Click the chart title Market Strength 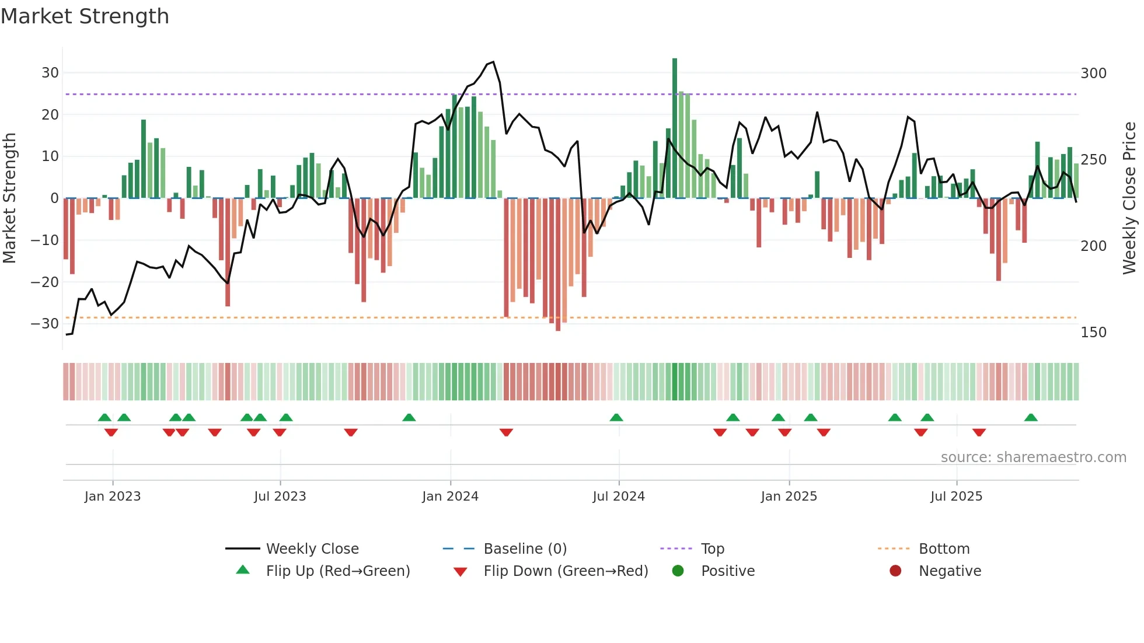click(85, 16)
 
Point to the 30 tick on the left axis click(50, 73)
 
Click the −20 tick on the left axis click(45, 282)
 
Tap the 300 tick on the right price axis click(1093, 74)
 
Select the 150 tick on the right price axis click(1093, 333)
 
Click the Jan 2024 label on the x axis click(450, 497)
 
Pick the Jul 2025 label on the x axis click(956, 497)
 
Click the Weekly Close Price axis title click(1129, 198)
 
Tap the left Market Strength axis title click(10, 198)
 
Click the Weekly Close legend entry click(312, 549)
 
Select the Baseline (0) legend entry click(525, 549)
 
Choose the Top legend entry click(712, 549)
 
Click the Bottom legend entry click(944, 549)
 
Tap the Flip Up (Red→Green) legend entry click(337, 571)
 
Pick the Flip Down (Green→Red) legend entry click(565, 571)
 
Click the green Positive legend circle click(678, 571)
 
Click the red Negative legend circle click(895, 571)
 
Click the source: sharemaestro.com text click(1033, 457)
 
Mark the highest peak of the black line click(493, 62)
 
